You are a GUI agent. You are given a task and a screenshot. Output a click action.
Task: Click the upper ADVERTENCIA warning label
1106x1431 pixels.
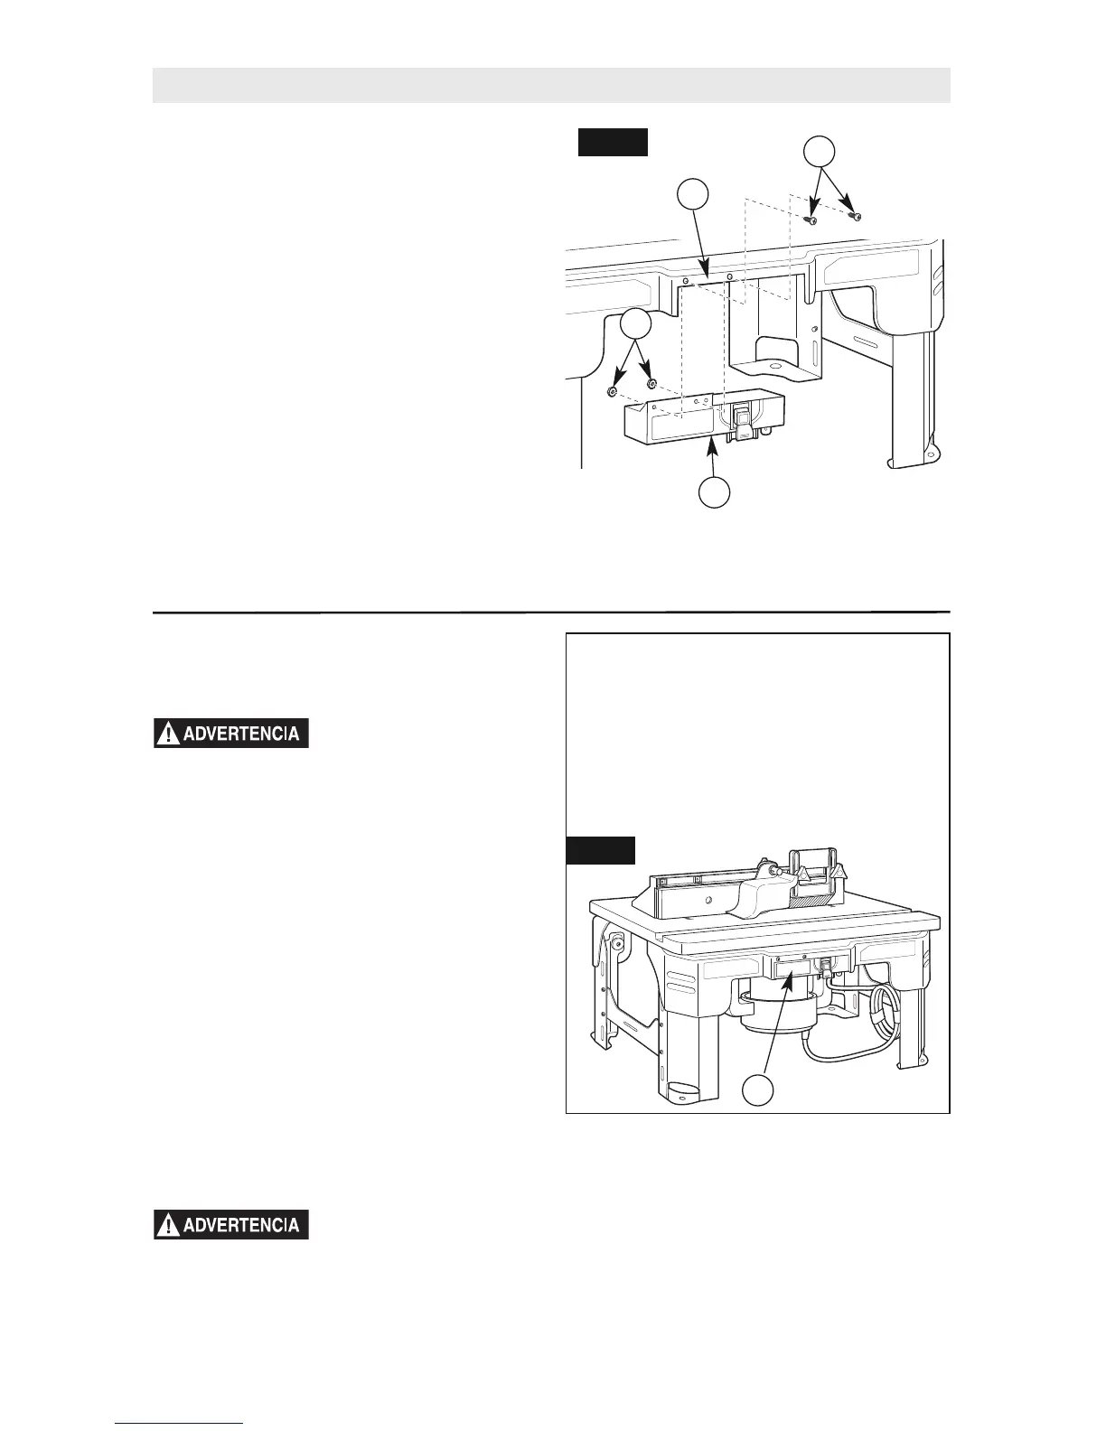point(231,733)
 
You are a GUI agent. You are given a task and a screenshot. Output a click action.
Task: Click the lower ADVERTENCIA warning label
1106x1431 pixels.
point(231,1224)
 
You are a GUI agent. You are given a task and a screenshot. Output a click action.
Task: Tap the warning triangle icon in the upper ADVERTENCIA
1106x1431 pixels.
point(166,734)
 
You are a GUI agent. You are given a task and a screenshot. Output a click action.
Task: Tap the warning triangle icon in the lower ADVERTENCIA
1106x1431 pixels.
point(166,1225)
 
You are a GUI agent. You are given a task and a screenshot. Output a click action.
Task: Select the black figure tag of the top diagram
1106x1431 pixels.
point(613,142)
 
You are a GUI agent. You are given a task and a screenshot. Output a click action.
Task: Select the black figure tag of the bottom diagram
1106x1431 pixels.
point(600,850)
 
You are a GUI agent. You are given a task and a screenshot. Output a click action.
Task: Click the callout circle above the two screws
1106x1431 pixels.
point(819,152)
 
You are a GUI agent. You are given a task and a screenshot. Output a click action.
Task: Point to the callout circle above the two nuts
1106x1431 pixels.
point(636,324)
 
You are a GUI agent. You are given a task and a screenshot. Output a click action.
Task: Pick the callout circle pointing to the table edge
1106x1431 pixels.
point(693,196)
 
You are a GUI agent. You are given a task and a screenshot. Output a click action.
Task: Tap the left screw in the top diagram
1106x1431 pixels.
point(812,220)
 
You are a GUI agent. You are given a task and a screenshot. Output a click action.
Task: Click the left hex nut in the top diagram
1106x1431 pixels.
point(612,392)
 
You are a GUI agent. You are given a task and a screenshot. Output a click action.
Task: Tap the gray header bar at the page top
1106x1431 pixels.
point(551,85)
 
